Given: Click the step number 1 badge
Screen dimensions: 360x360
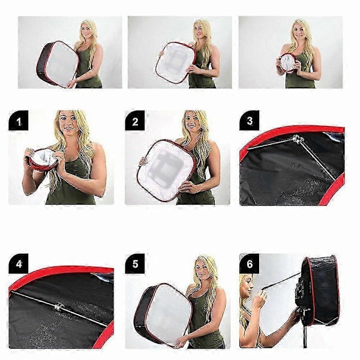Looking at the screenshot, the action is click(x=19, y=121).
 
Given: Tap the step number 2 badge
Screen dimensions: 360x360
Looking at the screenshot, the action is click(x=135, y=121).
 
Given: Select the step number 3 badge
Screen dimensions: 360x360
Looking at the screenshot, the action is click(x=250, y=121).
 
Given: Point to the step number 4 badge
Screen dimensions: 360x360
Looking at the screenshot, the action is click(x=19, y=263).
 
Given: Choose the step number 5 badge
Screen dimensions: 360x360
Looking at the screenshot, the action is click(x=135, y=263).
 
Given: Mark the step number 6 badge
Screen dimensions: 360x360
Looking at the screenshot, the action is click(x=250, y=263).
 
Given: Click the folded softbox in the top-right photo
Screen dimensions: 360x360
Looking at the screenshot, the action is click(x=288, y=63).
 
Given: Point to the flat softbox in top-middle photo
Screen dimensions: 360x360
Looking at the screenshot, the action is click(x=176, y=62).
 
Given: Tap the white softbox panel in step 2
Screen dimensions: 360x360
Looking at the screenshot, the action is click(x=167, y=170).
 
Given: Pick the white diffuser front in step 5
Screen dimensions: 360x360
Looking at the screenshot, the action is click(x=169, y=314).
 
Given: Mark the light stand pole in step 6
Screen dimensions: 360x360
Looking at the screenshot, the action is click(x=305, y=335).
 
